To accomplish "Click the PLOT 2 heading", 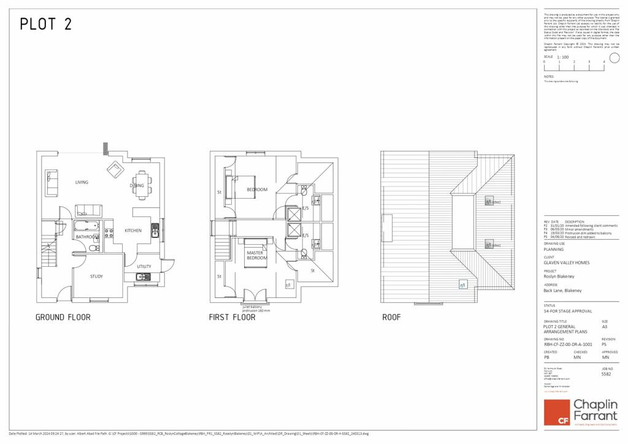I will (46, 25).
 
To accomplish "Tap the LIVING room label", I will (82, 182).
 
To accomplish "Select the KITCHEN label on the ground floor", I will (133, 231).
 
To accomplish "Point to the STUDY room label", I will (96, 277).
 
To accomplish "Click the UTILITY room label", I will (144, 267).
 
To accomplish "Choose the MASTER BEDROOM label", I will (257, 255).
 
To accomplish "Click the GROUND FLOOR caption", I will (63, 318).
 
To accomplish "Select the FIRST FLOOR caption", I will (234, 318).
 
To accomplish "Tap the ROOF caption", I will (391, 318).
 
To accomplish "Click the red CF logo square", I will (559, 411).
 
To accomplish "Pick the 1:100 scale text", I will (562, 57).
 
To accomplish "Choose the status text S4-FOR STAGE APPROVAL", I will (568, 311).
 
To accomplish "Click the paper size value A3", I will (605, 327).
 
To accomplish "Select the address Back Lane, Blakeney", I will (562, 290).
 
